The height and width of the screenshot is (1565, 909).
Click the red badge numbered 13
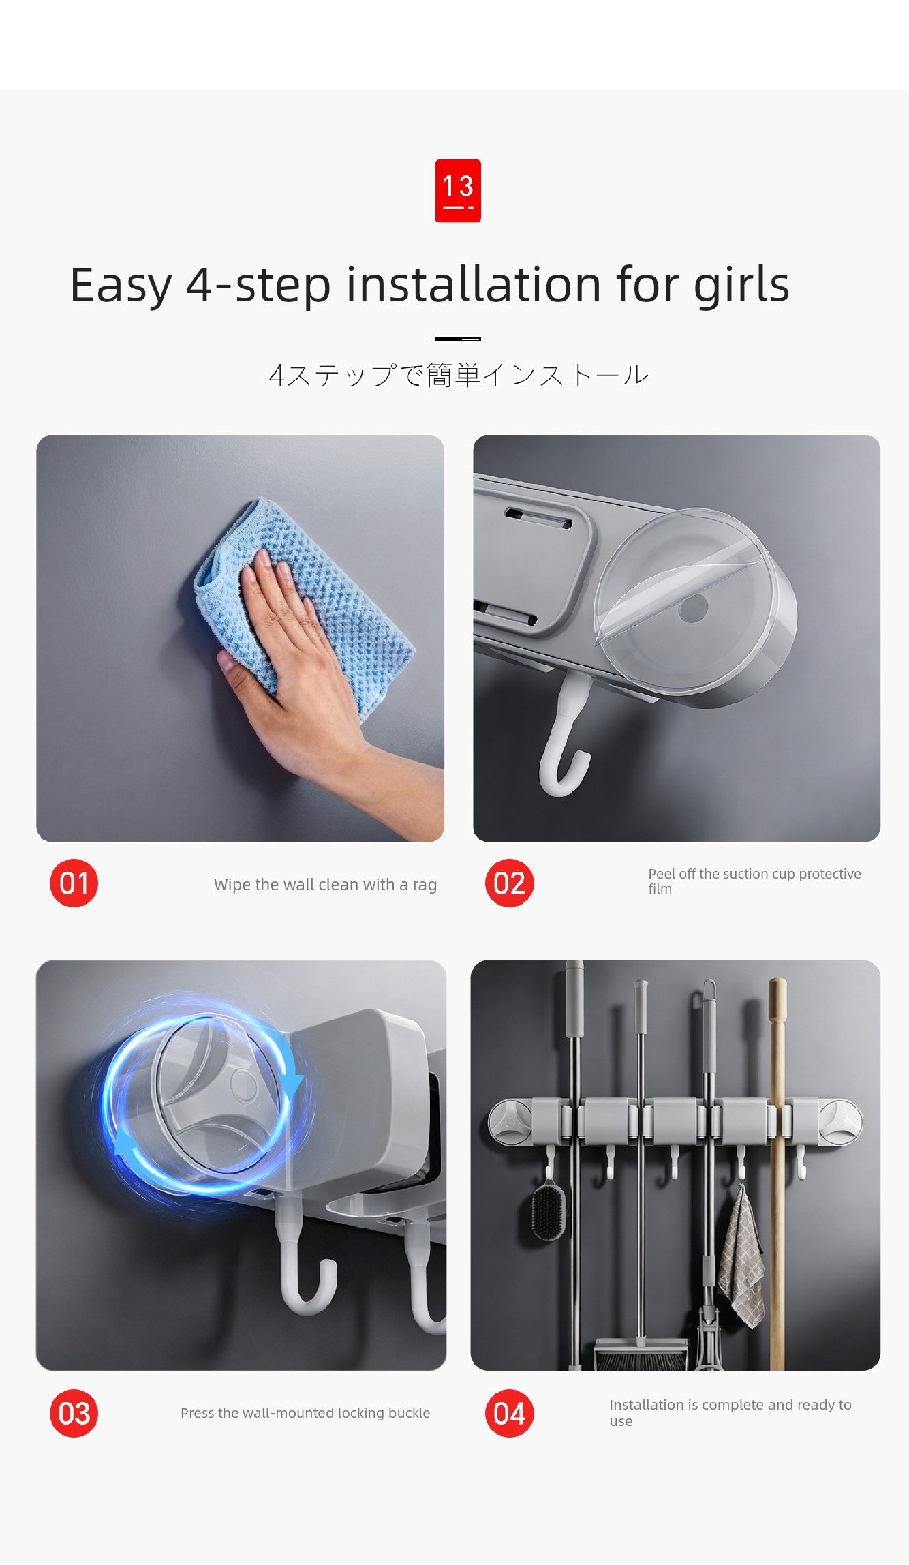[458, 191]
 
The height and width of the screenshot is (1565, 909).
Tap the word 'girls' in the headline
[741, 286]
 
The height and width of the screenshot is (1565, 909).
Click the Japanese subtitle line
[459, 375]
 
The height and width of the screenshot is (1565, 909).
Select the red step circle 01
[74, 883]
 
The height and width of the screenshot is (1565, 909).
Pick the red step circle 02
[510, 883]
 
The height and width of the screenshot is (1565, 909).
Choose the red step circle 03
[74, 1413]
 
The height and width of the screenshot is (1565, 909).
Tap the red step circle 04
[510, 1413]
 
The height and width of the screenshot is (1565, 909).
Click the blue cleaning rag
[307, 600]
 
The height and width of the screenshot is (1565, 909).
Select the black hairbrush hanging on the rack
[549, 1210]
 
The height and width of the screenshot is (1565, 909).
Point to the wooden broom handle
[777, 1172]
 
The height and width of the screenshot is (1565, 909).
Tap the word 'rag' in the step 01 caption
[425, 885]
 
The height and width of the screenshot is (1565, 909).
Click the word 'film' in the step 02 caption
[660, 889]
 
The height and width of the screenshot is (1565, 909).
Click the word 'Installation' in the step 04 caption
[646, 1405]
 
